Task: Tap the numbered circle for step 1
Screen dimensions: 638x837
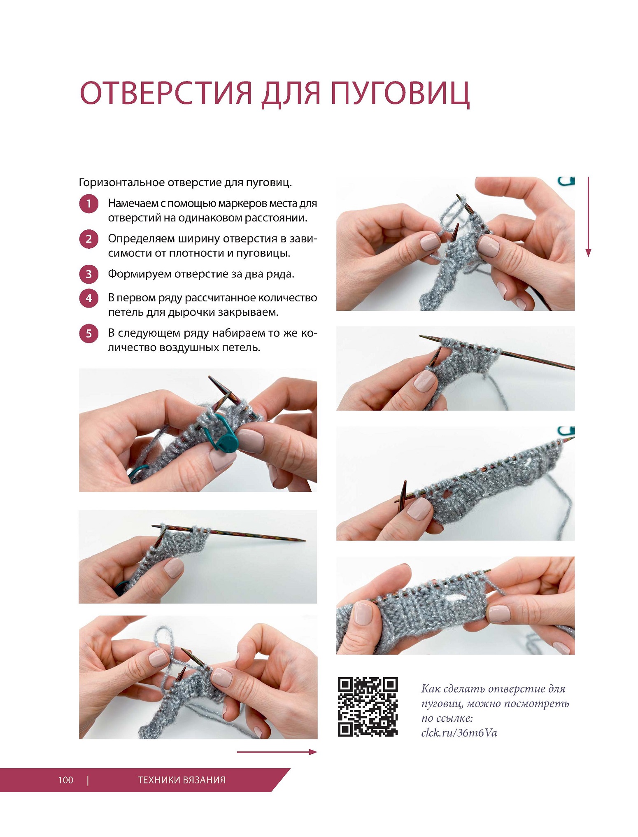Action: (x=88, y=203)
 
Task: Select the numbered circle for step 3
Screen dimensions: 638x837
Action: (x=88, y=274)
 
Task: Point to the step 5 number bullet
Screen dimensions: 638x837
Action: (x=88, y=333)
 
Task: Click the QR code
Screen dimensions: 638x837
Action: (x=368, y=706)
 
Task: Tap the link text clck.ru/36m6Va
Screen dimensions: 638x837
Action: (x=459, y=733)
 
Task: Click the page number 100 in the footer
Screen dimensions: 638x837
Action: (x=66, y=780)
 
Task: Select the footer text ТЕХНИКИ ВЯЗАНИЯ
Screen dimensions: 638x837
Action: (x=182, y=780)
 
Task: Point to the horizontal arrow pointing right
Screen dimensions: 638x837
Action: (x=277, y=752)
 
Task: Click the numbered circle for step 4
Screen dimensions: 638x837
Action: (x=88, y=298)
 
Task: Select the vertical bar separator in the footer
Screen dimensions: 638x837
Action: (x=88, y=780)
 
